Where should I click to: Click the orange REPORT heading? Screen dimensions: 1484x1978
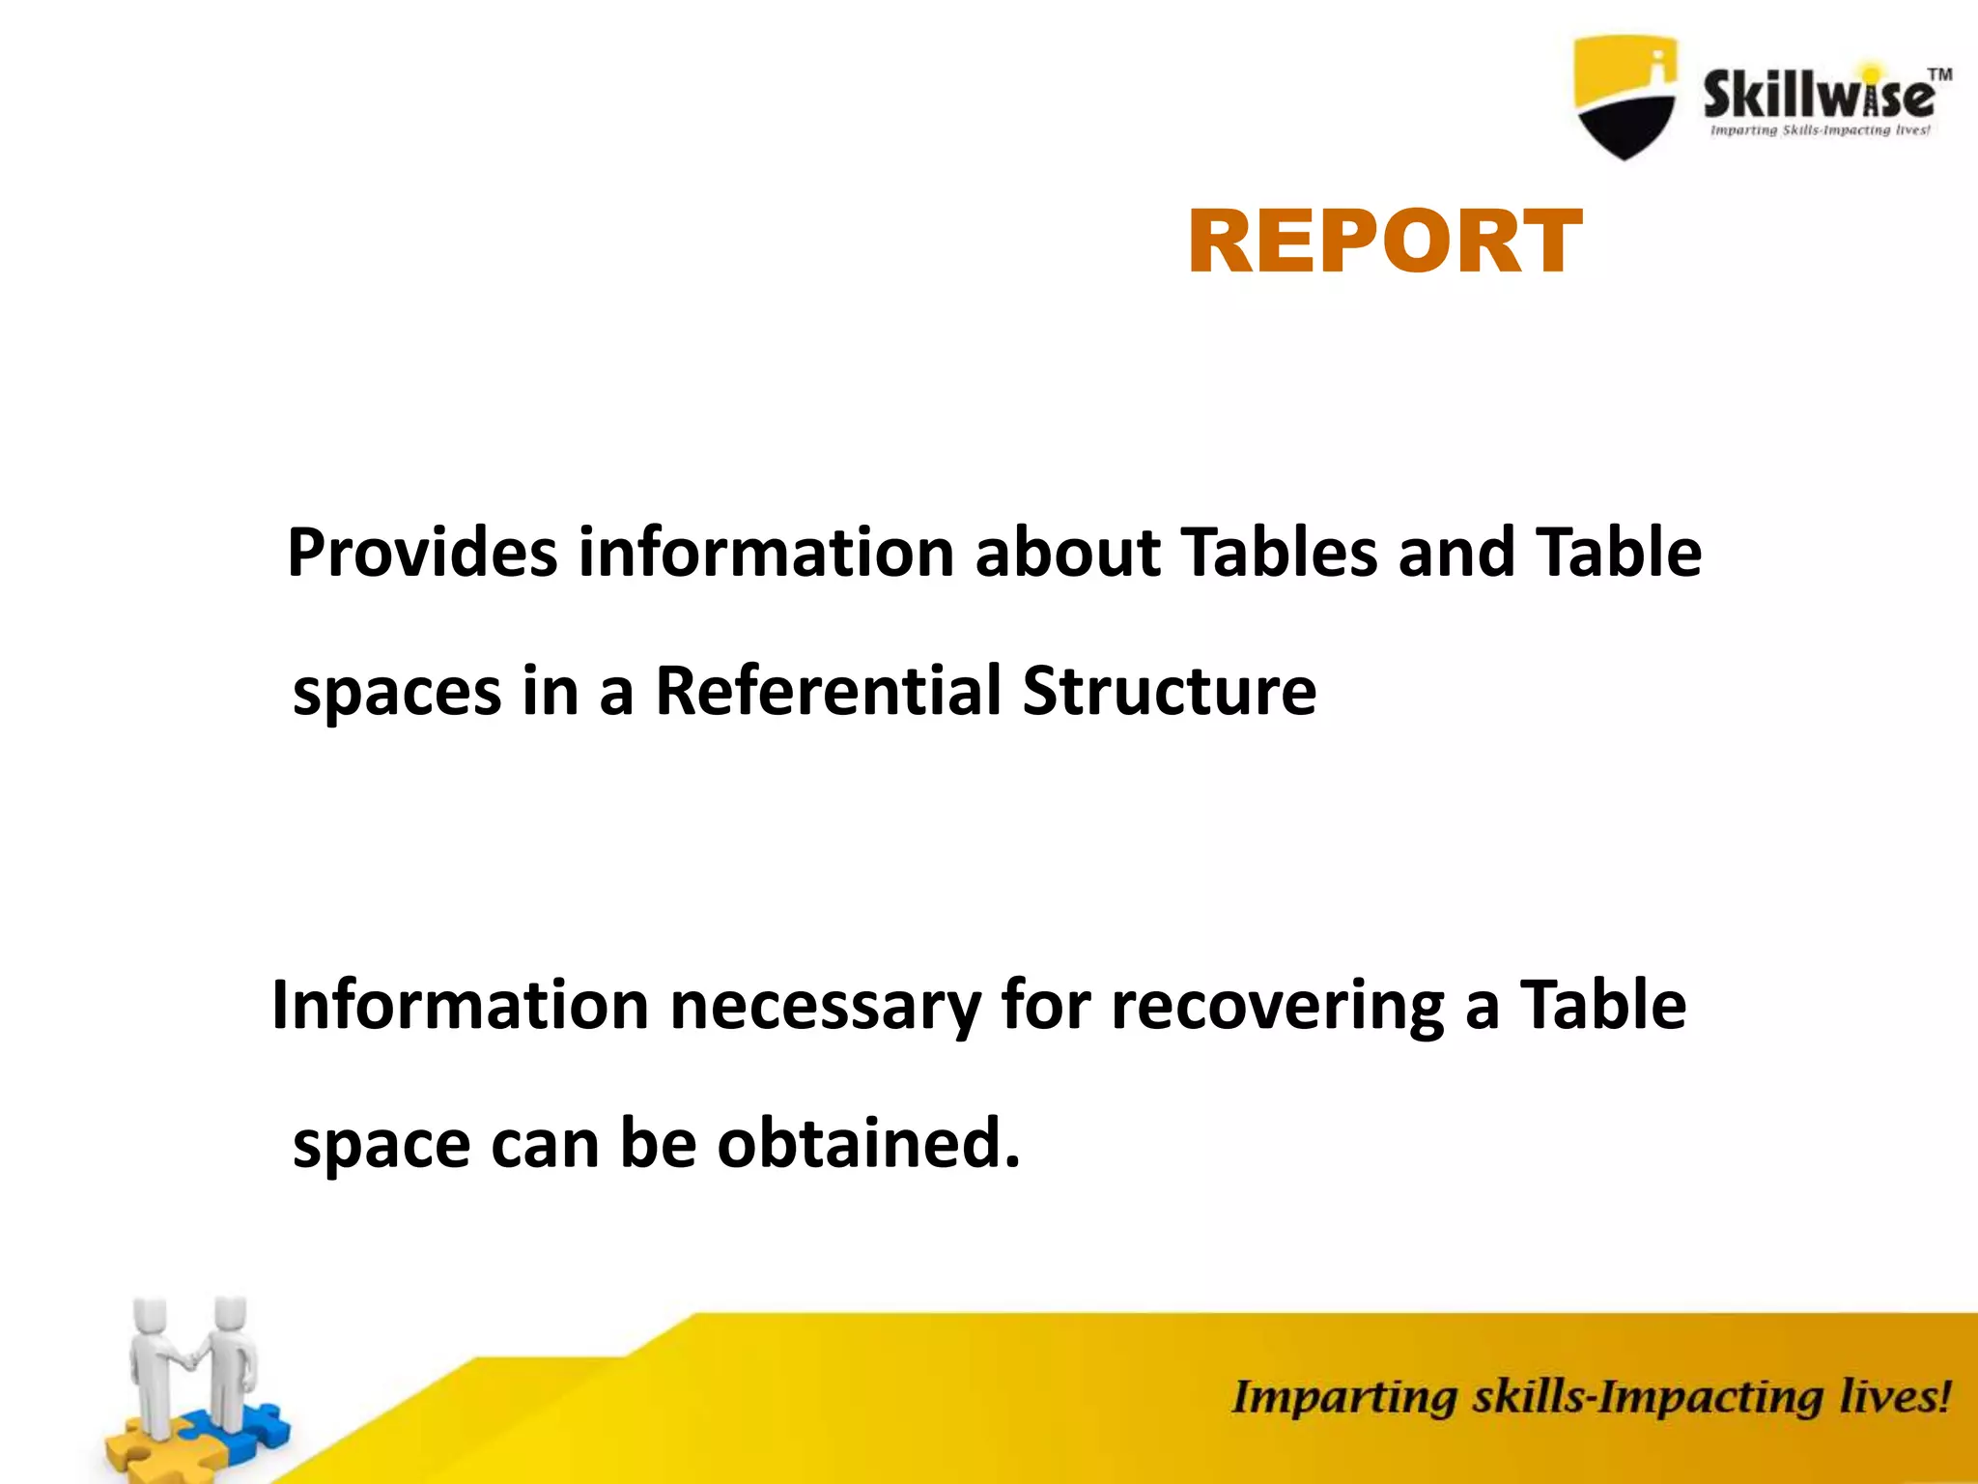coord(1384,243)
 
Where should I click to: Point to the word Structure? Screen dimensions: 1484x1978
coord(1169,691)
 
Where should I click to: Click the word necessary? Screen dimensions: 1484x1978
coord(825,1007)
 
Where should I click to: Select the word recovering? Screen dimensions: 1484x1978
coord(1277,1007)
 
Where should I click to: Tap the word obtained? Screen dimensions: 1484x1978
coord(868,1143)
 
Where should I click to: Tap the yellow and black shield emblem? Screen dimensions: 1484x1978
coord(1625,97)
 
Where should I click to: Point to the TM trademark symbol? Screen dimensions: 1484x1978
coord(1939,74)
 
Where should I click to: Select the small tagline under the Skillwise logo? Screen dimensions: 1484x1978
coord(1820,130)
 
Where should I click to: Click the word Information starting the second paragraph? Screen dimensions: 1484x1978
coord(460,1005)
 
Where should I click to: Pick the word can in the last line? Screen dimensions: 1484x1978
coord(545,1145)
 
